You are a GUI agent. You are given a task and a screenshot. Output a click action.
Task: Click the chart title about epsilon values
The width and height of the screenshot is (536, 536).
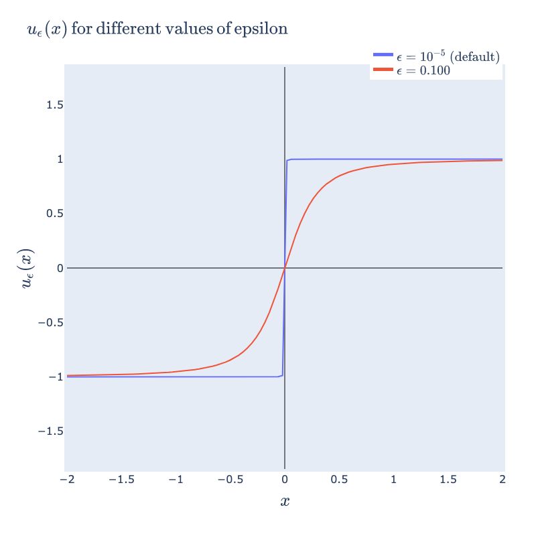point(157,30)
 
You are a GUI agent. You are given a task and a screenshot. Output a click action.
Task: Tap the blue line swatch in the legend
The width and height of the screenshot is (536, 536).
point(383,57)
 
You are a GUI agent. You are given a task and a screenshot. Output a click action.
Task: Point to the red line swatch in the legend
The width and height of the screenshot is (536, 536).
point(383,70)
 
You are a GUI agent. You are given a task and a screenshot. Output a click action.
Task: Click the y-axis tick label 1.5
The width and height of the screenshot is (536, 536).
point(56,105)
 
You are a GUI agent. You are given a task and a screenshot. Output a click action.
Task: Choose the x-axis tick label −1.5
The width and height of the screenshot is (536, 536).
point(121,480)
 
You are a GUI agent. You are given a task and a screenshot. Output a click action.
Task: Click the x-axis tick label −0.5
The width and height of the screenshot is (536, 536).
point(230,480)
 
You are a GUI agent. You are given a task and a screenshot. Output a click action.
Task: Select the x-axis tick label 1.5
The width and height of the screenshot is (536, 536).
point(448,480)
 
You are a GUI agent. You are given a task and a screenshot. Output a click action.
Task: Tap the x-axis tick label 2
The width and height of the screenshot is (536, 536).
point(503,480)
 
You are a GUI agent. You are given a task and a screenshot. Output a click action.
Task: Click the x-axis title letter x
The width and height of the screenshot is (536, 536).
point(285,501)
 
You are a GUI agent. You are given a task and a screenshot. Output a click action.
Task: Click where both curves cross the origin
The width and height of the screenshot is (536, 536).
point(285,268)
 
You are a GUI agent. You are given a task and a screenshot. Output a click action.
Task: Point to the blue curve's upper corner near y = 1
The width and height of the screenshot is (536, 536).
point(287,160)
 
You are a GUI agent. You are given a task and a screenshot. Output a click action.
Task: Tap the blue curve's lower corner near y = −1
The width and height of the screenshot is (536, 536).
point(282,376)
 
